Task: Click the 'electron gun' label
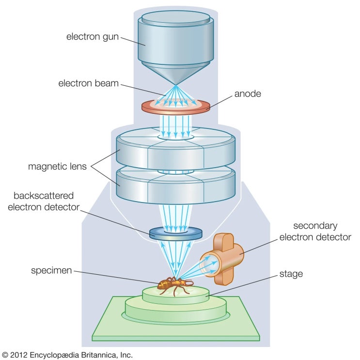92,37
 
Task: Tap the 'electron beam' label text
88,83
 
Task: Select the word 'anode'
248,94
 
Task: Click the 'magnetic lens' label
57,166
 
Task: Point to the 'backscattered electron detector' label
44,202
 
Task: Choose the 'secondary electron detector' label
315,232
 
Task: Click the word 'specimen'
51,271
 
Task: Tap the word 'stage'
291,274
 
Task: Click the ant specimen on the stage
175,285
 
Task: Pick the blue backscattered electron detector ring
176,234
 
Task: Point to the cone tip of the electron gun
175,85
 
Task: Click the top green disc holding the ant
176,295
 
